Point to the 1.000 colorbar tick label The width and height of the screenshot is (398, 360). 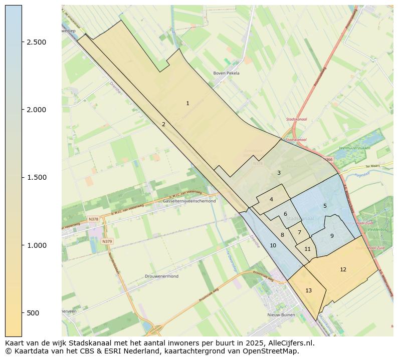(x=36, y=245)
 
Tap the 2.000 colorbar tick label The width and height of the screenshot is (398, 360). (x=36, y=110)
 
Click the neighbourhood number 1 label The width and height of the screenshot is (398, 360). (x=187, y=104)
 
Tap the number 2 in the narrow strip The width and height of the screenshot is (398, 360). (x=163, y=124)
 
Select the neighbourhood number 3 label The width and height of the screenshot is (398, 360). (x=279, y=173)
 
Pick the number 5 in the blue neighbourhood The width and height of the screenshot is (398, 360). (x=325, y=206)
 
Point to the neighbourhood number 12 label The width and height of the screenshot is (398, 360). (x=343, y=269)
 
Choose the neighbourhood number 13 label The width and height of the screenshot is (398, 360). (x=308, y=290)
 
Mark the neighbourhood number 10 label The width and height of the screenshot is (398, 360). (x=273, y=245)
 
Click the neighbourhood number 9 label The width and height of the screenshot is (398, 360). (x=332, y=236)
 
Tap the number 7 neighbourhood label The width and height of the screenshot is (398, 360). (x=299, y=232)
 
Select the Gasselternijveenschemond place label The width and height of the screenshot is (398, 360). (x=189, y=201)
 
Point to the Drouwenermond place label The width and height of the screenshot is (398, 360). (x=161, y=276)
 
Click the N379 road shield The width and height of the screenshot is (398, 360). (x=107, y=241)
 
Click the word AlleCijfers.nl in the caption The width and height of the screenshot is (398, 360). (x=290, y=343)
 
